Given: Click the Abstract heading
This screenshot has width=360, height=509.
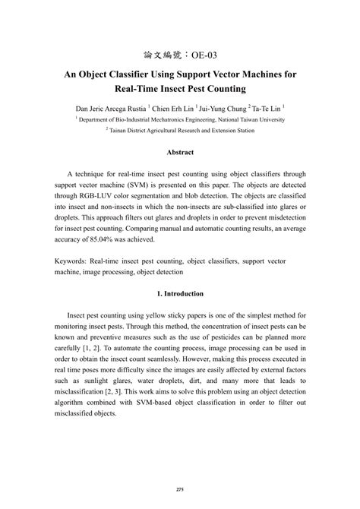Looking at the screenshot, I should pos(180,153).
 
